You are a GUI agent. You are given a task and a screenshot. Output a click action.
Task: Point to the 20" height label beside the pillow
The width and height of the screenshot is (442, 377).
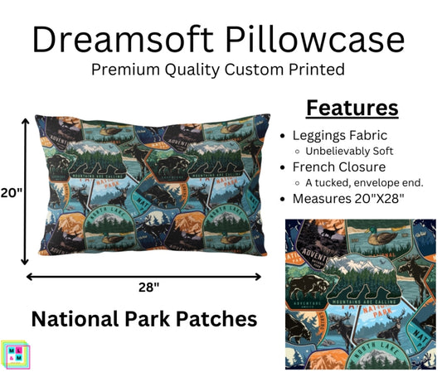tap(12, 194)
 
